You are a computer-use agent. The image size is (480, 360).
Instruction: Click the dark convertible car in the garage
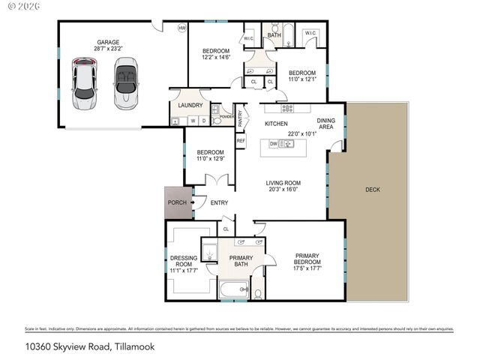pos(126,81)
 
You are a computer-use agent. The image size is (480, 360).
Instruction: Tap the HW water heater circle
pos(181,28)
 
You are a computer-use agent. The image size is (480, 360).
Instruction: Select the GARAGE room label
pos(109,42)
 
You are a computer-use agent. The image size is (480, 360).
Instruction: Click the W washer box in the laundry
pos(193,120)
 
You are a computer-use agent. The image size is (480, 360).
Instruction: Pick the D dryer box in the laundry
pos(203,120)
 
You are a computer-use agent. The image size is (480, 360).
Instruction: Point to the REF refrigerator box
pos(241,140)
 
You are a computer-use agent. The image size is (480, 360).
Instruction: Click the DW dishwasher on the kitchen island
pos(273,144)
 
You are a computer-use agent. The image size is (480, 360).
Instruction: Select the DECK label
pos(373,190)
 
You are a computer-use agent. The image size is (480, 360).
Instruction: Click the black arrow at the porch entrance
pos(193,202)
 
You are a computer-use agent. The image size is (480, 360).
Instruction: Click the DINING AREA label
pos(325,124)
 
